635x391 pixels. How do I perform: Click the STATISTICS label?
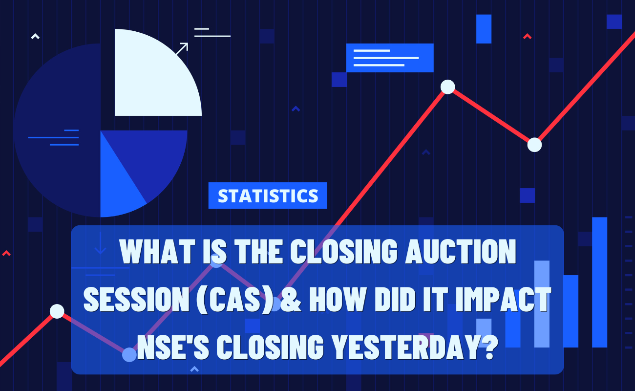[x=268, y=196]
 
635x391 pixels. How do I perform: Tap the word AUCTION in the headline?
[x=461, y=251]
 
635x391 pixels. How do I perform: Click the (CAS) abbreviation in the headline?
[x=235, y=300]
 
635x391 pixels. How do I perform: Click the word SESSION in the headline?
[x=136, y=299]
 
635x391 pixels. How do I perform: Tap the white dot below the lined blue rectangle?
[x=448, y=87]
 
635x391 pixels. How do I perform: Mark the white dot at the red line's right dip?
[x=535, y=145]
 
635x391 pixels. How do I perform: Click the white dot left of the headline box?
[x=57, y=311]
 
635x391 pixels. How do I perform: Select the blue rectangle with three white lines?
[x=390, y=58]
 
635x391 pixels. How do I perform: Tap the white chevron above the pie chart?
[x=35, y=36]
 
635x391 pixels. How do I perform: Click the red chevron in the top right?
[x=527, y=36]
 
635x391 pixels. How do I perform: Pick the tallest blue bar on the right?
[x=599, y=282]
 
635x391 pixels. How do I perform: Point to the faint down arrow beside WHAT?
[x=100, y=243]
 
